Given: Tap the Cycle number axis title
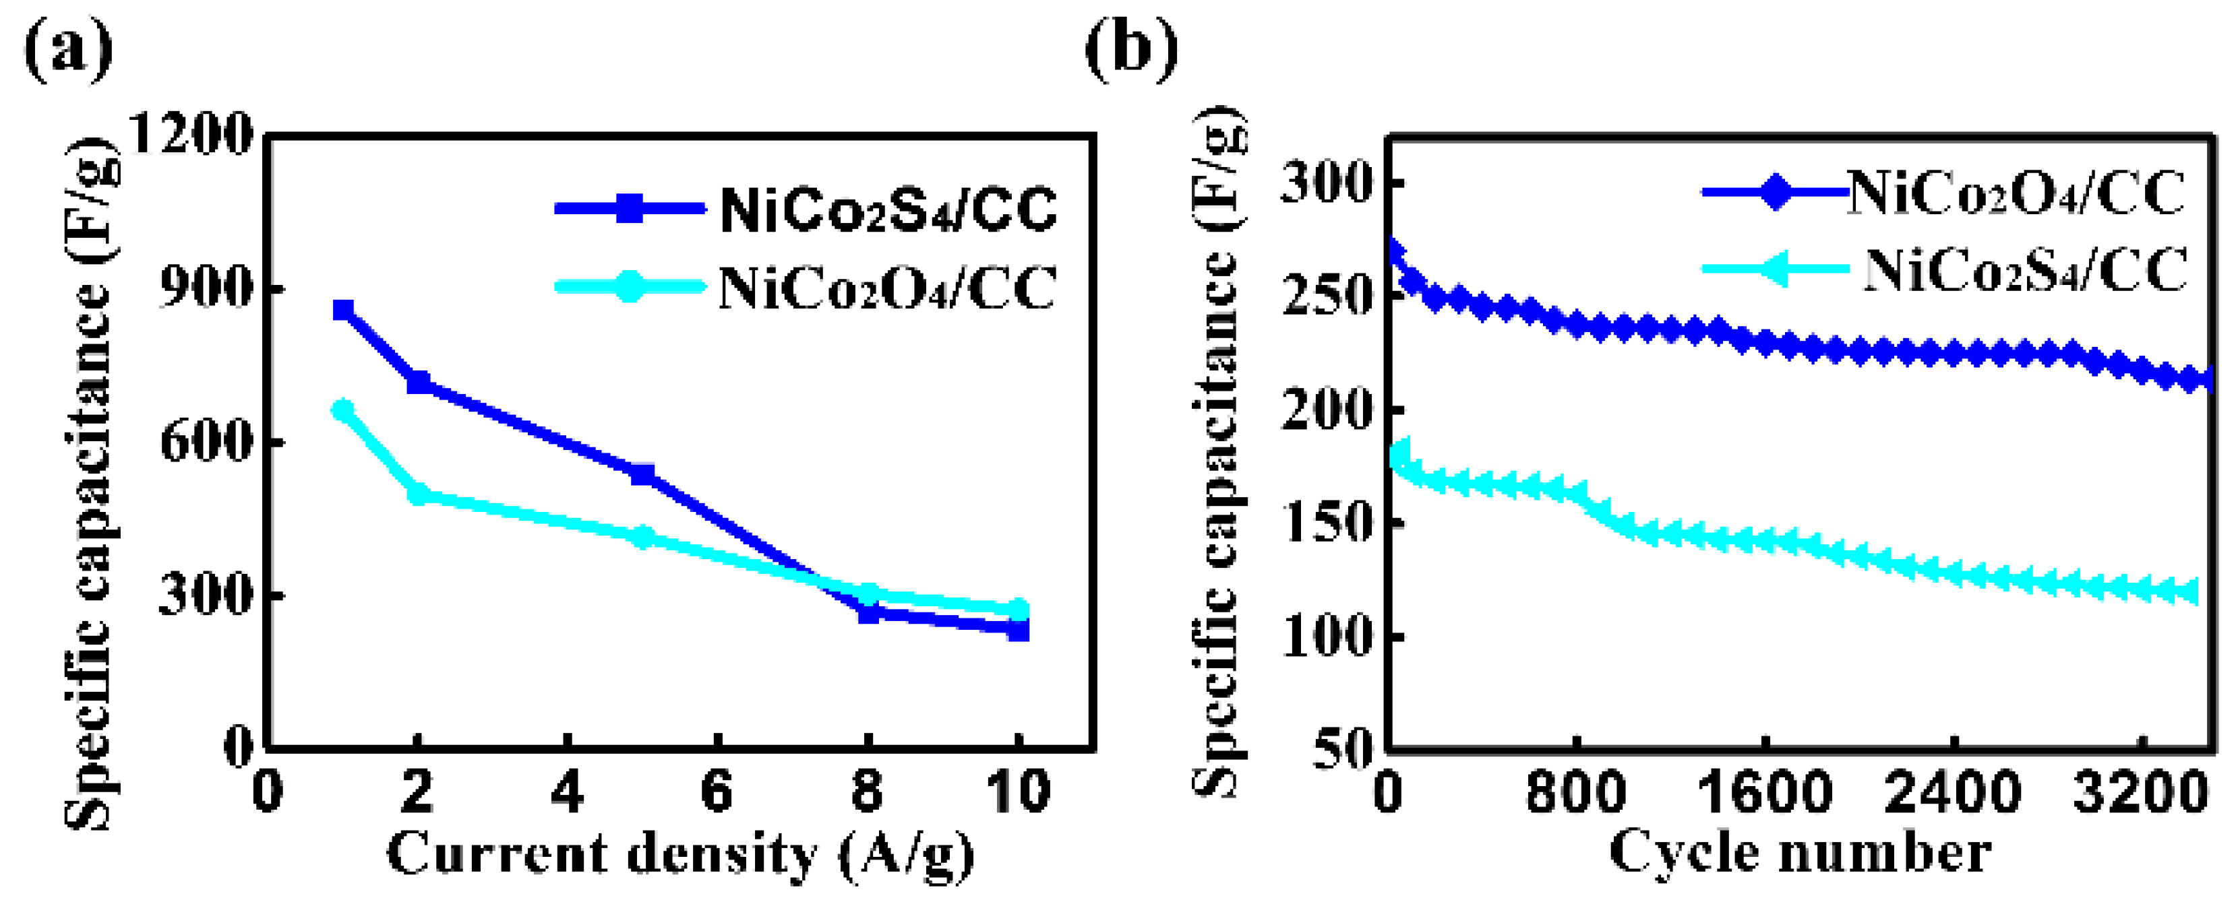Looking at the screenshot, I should point(1800,853).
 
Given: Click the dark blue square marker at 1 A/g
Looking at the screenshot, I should point(343,310).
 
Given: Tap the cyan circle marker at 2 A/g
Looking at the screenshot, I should point(418,494).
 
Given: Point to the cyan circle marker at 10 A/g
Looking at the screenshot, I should point(1018,610).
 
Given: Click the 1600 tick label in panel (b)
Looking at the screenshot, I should point(1765,792).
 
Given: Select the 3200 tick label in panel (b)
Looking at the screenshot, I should point(2140,792).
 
